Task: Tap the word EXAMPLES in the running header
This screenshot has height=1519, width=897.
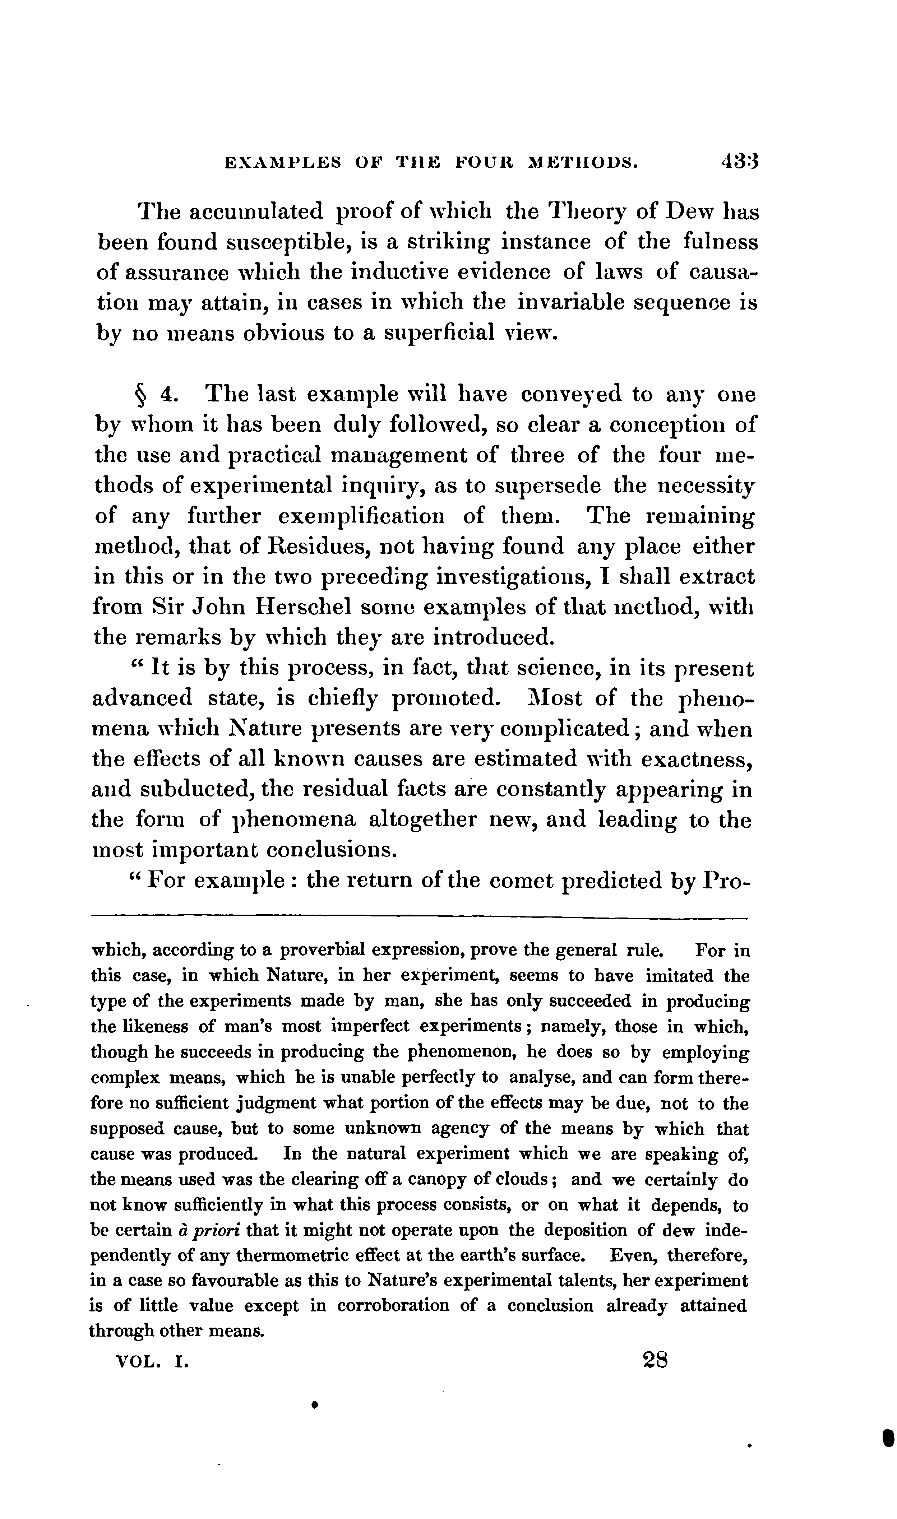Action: pos(282,163)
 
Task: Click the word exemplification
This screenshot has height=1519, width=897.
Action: pos(361,517)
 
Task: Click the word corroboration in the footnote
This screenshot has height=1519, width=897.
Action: pos(393,1307)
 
